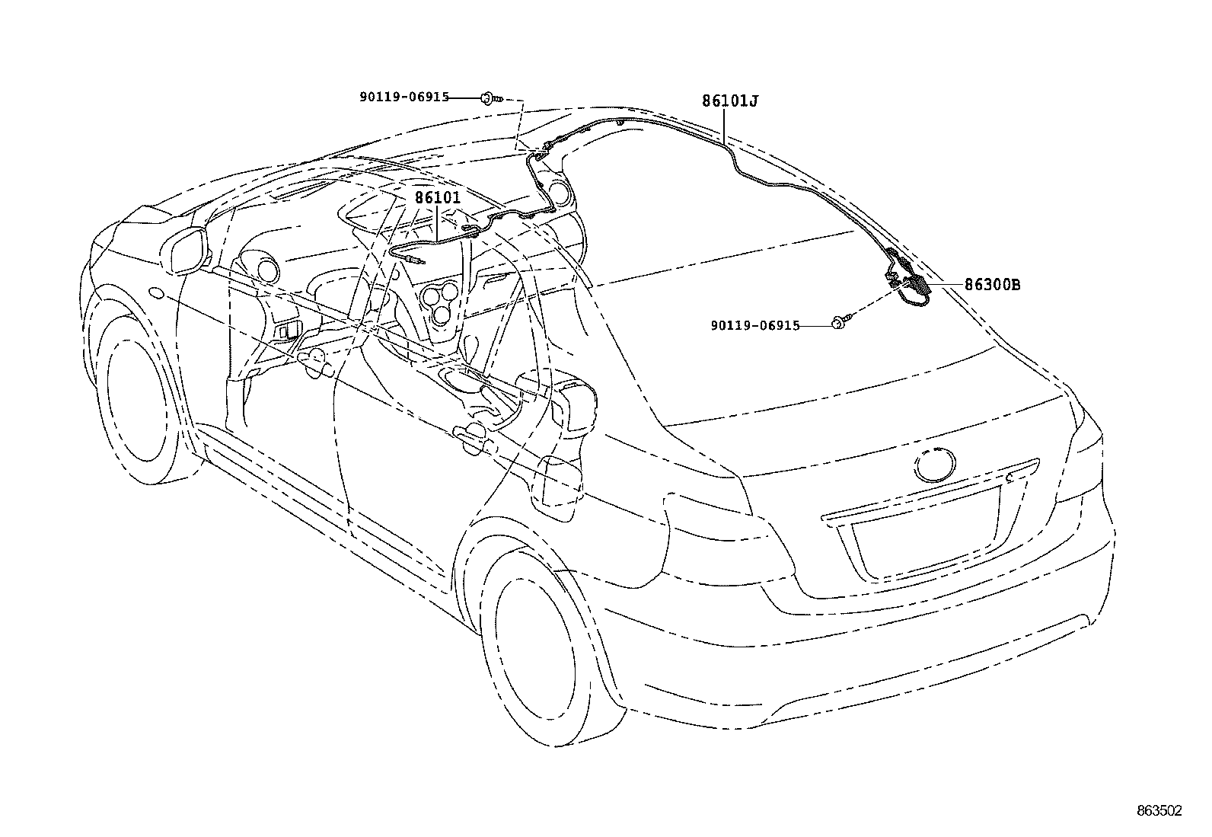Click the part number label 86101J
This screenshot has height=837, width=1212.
pyautogui.click(x=730, y=101)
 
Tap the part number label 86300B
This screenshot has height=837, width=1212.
pyautogui.click(x=992, y=286)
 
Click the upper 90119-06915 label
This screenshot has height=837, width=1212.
pyautogui.click(x=404, y=97)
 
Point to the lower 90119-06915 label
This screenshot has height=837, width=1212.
pyautogui.click(x=755, y=326)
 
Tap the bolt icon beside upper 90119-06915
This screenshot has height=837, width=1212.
pyautogui.click(x=488, y=97)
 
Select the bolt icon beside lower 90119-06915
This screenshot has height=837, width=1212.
pyautogui.click(x=839, y=324)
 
